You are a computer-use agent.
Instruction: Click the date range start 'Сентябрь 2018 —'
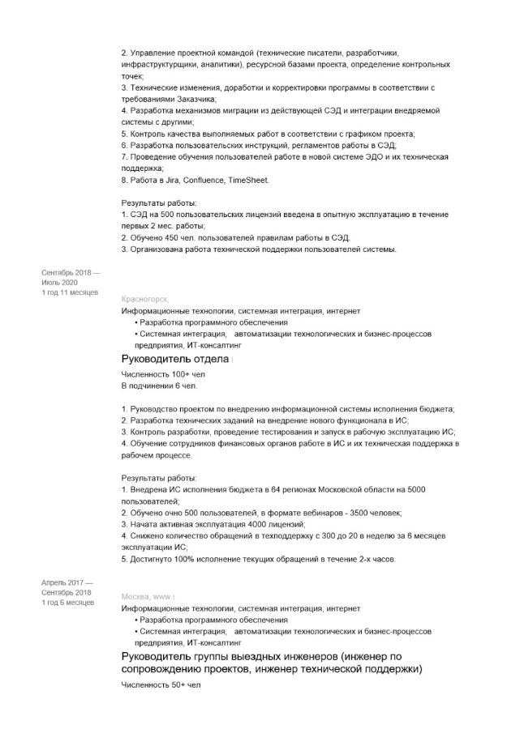[x=71, y=273]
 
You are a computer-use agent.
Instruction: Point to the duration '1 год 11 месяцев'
[x=70, y=292]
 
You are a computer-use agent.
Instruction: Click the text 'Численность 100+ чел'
[x=163, y=375]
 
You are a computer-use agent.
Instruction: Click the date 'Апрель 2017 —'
[x=67, y=582]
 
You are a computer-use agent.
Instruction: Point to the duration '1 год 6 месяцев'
[x=67, y=602]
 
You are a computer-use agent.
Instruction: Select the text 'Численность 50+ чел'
[x=161, y=684]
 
